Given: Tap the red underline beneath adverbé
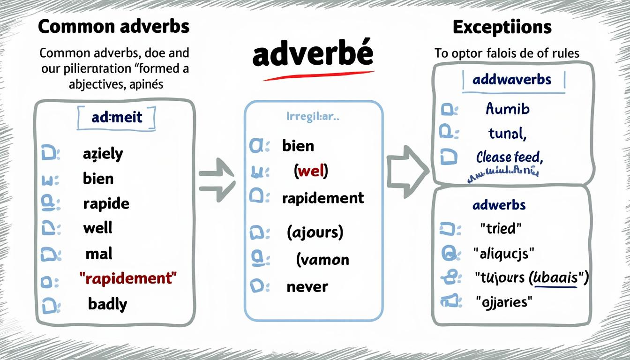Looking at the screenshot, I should tap(319, 75).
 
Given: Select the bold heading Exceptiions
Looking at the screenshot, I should tap(502, 27).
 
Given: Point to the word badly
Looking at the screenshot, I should tap(107, 304).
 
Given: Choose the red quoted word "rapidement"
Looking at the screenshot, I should tap(129, 278).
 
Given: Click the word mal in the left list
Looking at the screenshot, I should tap(99, 254).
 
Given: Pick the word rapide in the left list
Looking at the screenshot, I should tap(106, 203).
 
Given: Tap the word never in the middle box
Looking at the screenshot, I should tap(307, 286).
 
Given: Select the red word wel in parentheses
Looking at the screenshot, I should tap(311, 172).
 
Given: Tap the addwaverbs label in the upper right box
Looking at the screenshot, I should tap(512, 80).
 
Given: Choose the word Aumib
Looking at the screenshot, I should tap(507, 109).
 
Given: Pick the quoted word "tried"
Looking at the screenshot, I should tap(501, 228).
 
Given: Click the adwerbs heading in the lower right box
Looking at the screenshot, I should tap(499, 205).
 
